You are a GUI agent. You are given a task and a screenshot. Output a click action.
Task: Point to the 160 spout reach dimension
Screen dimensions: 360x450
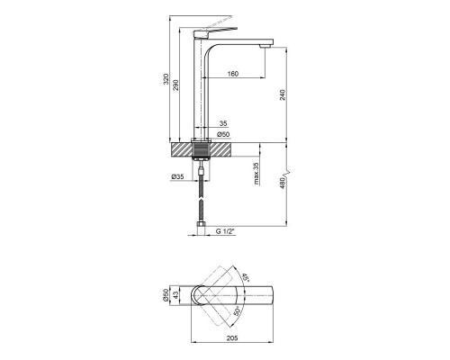pos(233,73)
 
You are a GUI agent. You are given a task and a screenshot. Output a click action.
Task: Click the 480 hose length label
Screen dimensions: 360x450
pos(283,183)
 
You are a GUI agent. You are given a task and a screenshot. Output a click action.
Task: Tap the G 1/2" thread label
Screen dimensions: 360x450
pos(226,233)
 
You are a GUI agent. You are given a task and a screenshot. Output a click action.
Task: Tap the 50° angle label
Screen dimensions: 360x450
pos(235,311)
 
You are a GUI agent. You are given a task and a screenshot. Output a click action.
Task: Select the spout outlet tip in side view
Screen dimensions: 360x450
pos(265,44)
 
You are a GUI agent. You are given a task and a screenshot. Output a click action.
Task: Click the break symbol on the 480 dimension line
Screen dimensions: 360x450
pos(288,170)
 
